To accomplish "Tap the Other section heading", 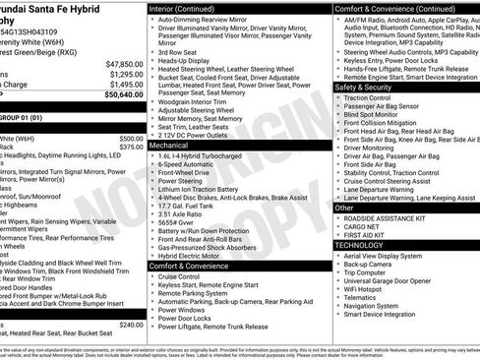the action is (x=344, y=208).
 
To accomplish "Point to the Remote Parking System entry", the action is (x=197, y=293).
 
